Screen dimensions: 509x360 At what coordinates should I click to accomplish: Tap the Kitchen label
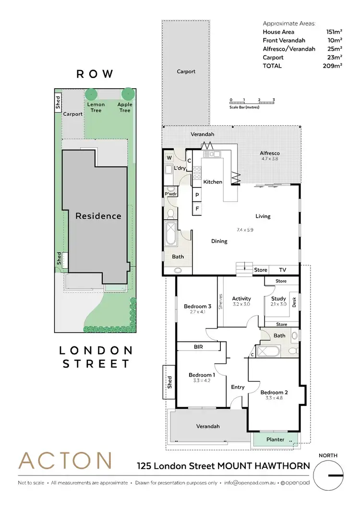[x=213, y=182]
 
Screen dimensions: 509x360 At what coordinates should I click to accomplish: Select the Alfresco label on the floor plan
[x=270, y=154]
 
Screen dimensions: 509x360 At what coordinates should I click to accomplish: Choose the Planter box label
[x=275, y=439]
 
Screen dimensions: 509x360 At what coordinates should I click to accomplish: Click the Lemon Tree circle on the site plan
[x=92, y=94]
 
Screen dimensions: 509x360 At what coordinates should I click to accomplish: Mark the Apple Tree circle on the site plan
[x=127, y=94]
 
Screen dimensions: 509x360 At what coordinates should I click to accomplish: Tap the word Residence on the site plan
[x=98, y=216]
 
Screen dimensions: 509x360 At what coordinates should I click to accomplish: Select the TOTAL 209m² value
[x=333, y=66]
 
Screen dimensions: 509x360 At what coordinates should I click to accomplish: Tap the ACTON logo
[x=65, y=461]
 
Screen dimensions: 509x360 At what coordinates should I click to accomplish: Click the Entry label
[x=238, y=387]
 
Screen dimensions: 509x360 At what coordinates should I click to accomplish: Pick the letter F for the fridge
[x=197, y=209]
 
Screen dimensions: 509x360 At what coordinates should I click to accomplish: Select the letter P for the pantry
[x=197, y=195]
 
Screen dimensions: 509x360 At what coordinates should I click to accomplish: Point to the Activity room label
[x=241, y=298]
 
